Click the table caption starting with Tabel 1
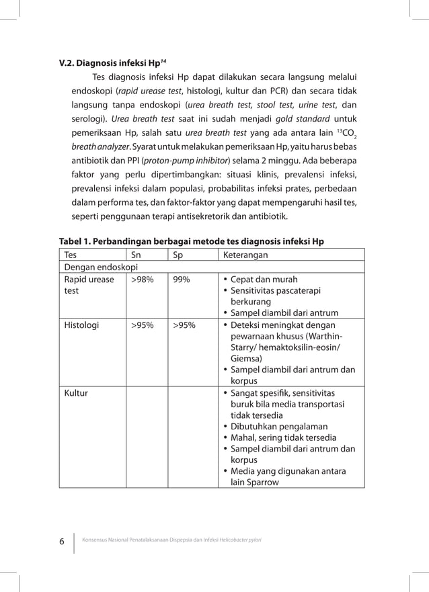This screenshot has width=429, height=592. (x=192, y=242)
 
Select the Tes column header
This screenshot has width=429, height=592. (x=71, y=255)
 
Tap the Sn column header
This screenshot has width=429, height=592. (x=136, y=255)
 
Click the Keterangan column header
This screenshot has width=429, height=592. (x=246, y=255)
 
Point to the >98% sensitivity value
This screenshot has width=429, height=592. (x=141, y=280)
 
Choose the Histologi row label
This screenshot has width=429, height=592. (x=81, y=325)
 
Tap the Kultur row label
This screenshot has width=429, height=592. (x=75, y=392)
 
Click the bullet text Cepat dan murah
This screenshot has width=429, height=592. (x=264, y=280)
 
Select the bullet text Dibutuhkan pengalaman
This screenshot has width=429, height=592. (x=279, y=426)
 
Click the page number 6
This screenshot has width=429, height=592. (x=61, y=542)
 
